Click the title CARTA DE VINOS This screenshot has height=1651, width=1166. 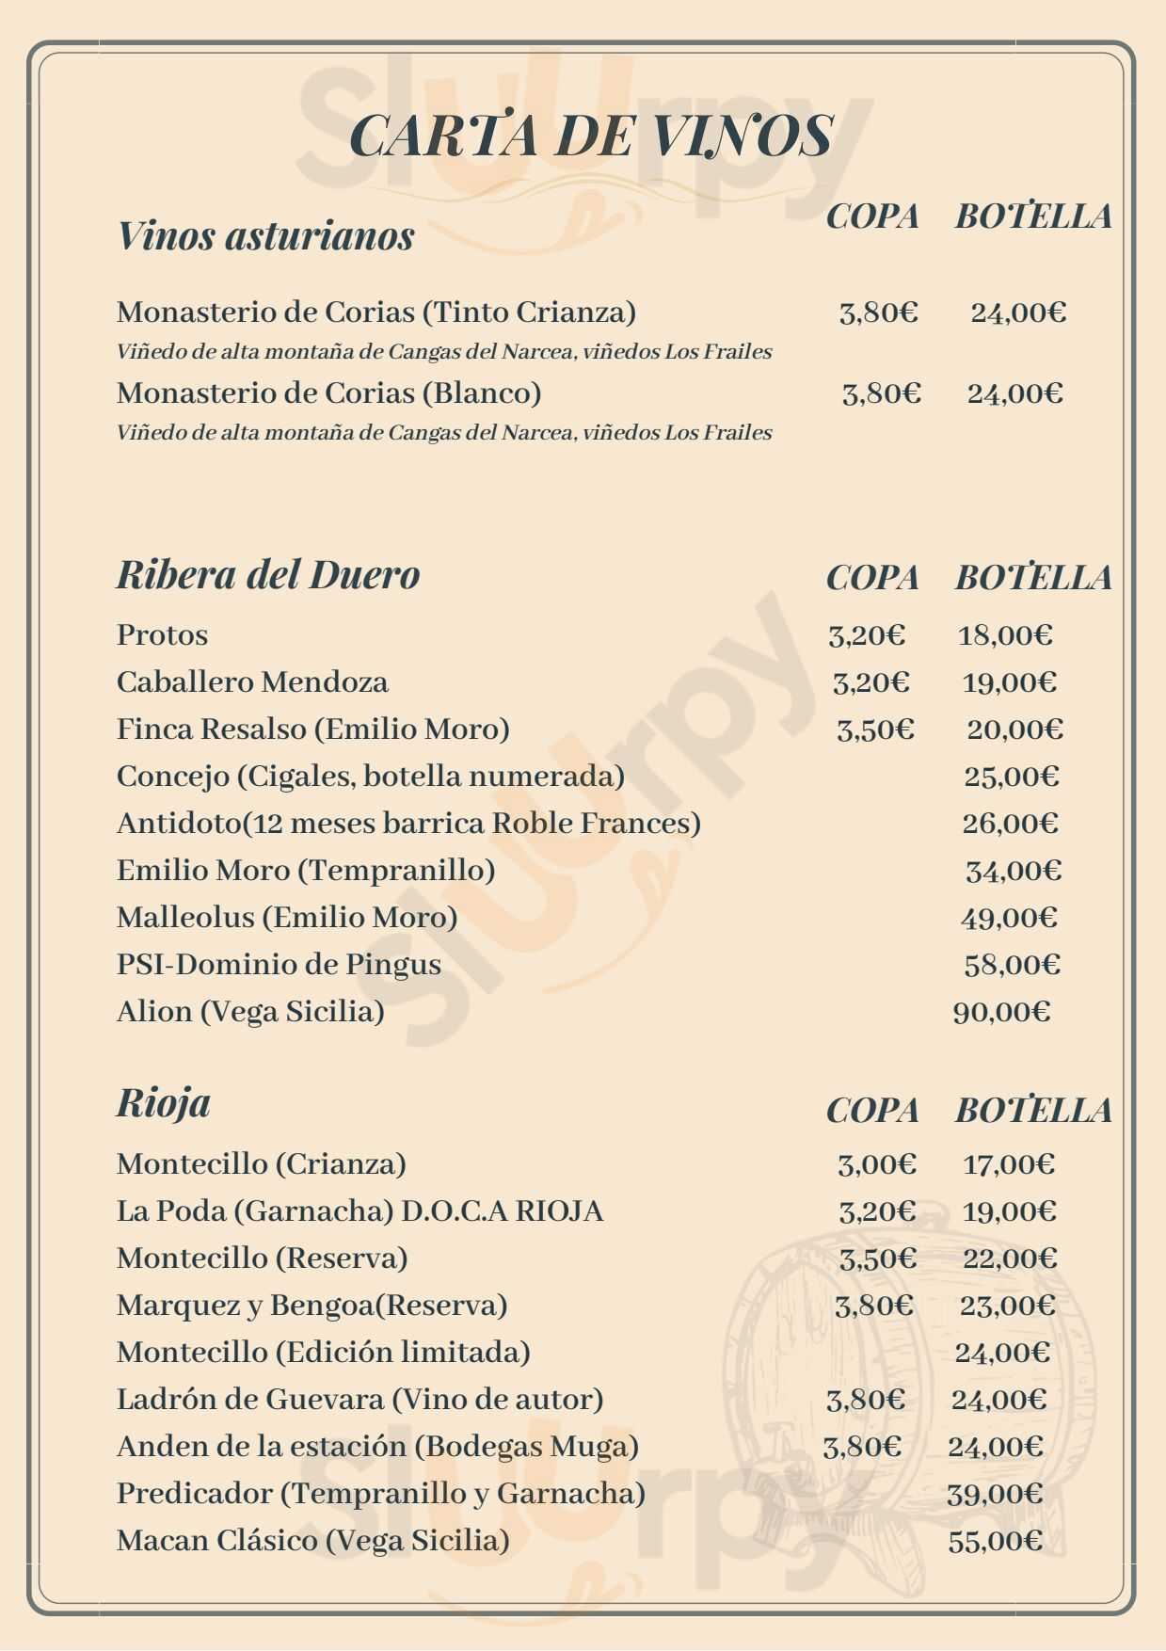pos(591,135)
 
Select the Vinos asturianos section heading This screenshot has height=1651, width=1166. pos(265,235)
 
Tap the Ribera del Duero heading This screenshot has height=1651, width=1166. pos(267,574)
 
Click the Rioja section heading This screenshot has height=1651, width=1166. pos(163,1102)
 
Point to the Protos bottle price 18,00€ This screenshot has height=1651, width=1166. pos(1005,635)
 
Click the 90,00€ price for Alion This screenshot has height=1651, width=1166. pos(1001,1012)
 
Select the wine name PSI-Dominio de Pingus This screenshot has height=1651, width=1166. pos(279,965)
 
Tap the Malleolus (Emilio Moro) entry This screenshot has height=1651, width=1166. pos(287,918)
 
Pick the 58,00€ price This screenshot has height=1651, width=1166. pos(1012,965)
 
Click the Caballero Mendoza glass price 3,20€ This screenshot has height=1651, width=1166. pos(871,682)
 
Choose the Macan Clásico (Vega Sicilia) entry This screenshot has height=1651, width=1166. pos(312,1541)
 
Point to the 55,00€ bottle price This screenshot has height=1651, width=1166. pos(996,1541)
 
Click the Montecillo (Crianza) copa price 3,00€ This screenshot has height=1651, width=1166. pos(876,1164)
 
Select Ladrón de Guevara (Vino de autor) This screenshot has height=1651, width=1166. pos(359,1400)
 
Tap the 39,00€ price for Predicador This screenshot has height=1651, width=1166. pos(995,1494)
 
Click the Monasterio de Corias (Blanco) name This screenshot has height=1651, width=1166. pos(328,393)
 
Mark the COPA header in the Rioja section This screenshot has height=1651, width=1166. pos(872,1111)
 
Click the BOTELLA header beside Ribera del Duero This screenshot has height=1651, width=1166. pos(1033,578)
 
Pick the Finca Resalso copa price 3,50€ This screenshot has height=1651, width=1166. pos(875,729)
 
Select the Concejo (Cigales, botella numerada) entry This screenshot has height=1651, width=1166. pos(371,777)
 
